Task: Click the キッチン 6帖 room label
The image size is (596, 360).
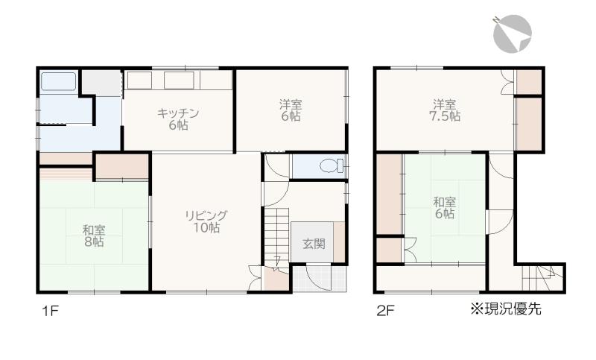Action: (x=178, y=119)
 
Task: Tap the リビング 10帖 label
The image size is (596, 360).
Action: (x=206, y=221)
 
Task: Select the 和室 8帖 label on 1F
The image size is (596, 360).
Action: (x=94, y=236)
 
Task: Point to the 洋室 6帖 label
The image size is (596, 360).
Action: (x=291, y=110)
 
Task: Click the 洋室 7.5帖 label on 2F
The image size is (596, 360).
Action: (x=445, y=110)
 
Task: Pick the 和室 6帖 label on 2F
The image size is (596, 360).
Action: (x=444, y=207)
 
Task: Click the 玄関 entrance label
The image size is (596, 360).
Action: (x=314, y=244)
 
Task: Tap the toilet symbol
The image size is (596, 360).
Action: (x=332, y=165)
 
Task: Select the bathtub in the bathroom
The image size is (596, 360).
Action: (x=59, y=81)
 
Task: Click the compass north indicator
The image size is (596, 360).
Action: (x=512, y=34)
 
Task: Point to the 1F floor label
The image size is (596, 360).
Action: (x=50, y=311)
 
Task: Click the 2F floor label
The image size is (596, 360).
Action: (x=385, y=311)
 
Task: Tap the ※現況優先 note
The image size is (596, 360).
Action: (x=506, y=309)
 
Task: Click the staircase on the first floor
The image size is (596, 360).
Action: (x=276, y=236)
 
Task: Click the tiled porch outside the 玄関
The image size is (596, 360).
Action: (x=320, y=278)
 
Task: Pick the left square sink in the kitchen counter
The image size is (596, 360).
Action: (x=140, y=80)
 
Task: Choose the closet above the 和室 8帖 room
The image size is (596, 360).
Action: (x=122, y=166)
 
